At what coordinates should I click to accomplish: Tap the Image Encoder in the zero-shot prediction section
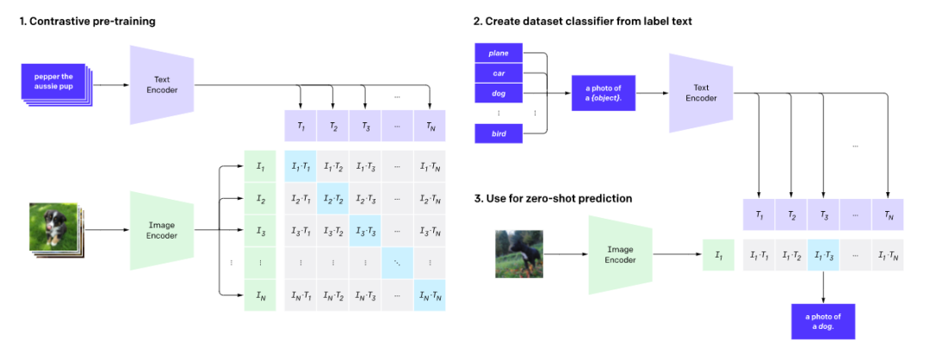[620, 255]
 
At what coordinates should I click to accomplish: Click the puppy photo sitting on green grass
[54, 227]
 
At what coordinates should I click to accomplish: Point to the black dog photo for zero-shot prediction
[519, 254]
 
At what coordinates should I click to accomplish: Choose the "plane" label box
[499, 53]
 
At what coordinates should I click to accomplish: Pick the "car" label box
[499, 73]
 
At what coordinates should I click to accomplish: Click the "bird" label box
[499, 133]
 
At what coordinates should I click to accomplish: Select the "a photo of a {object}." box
[603, 93]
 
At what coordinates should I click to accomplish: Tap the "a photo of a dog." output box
[822, 321]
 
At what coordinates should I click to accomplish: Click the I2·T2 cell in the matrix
[332, 199]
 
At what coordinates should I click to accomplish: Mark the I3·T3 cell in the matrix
[365, 231]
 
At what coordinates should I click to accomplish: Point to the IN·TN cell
[429, 295]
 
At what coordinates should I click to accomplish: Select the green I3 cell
[260, 231]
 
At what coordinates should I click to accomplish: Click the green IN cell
[260, 295]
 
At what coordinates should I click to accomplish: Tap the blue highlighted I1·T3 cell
[823, 255]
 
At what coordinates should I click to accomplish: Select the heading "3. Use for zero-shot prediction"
[553, 198]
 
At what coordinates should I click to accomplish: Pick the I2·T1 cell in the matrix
[301, 199]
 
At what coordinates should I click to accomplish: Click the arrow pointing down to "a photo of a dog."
[823, 287]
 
